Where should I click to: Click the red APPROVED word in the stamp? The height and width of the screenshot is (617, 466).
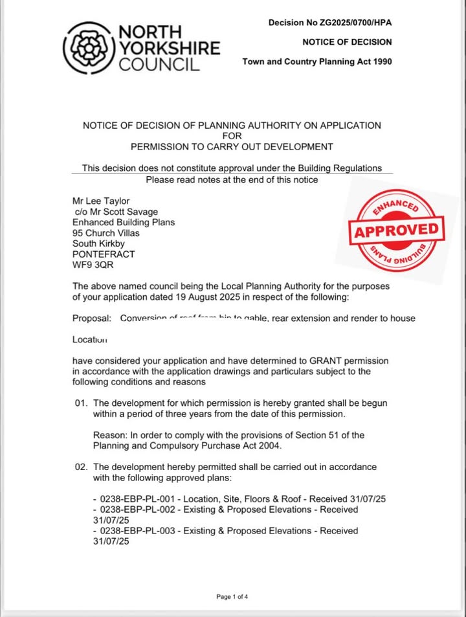click(396, 230)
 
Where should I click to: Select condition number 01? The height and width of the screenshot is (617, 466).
click(81, 403)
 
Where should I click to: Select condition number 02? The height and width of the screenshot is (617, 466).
click(81, 467)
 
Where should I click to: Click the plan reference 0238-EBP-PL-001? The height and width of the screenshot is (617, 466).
click(134, 499)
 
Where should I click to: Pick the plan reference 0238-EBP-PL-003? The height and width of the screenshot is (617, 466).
click(134, 530)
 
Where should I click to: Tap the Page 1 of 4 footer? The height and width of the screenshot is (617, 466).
click(232, 596)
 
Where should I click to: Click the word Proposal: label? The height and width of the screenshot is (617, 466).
click(92, 319)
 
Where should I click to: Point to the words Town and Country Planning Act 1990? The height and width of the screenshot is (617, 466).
click(317, 62)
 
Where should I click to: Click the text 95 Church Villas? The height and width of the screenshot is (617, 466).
click(105, 233)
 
